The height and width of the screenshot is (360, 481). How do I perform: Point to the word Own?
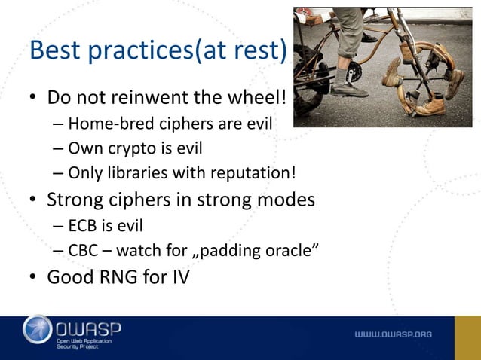[x=84, y=148]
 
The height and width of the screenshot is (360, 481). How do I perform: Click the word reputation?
[x=254, y=173]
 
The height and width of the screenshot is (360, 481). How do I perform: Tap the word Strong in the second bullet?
[x=75, y=200]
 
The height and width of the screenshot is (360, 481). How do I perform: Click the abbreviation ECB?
[x=84, y=225]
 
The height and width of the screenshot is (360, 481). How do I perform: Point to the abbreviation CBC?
[x=84, y=250]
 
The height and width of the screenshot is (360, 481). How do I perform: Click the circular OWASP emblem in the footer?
[x=38, y=331]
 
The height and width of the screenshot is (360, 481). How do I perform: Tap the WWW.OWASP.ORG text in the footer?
[x=394, y=334]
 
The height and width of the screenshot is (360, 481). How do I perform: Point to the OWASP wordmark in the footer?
[x=88, y=328]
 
